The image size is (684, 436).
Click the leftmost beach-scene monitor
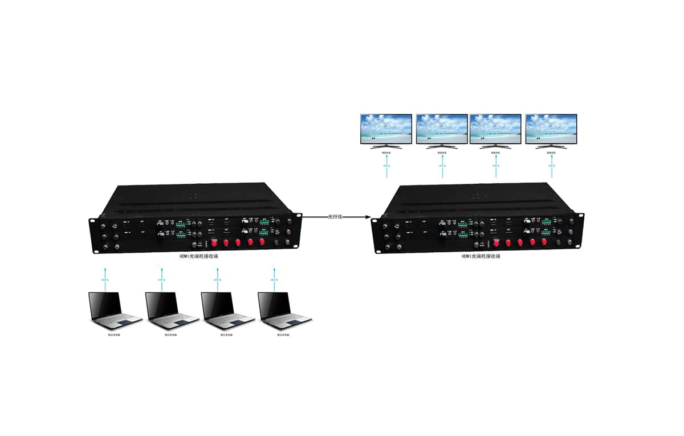click(x=386, y=131)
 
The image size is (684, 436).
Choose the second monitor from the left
click(x=442, y=131)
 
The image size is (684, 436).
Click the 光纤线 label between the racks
click(x=335, y=217)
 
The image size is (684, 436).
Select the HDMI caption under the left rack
click(x=198, y=257)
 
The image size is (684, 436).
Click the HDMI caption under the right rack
click(x=481, y=257)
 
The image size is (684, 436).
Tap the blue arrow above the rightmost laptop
click(x=274, y=277)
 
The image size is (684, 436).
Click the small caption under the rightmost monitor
click(x=551, y=152)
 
